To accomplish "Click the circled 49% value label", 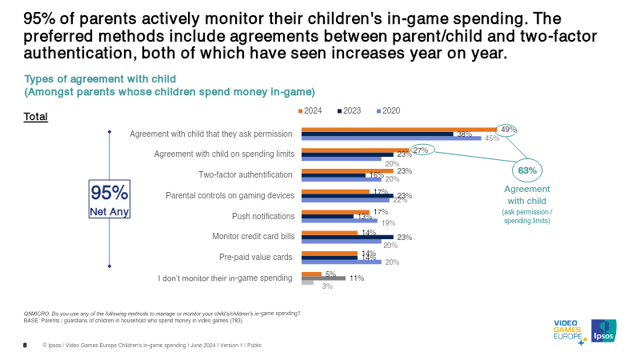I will point(506,129).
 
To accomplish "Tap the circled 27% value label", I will point(421,150).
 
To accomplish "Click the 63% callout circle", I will point(527,170).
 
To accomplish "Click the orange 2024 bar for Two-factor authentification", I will point(347,170).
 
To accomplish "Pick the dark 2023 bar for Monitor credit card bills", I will point(347,237).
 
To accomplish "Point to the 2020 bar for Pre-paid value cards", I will point(341,262).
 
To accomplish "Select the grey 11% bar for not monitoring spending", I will point(323,278).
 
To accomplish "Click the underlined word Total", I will point(36,117).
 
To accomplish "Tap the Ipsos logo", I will point(603,331).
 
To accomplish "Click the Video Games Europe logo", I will point(569,331).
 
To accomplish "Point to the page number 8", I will point(25,346).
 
